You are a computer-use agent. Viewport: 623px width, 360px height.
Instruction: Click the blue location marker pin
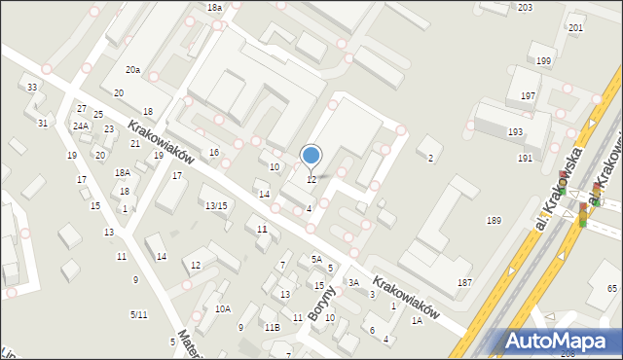pyautogui.click(x=311, y=156)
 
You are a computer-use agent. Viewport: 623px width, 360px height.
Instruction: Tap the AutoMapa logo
pyautogui.click(x=560, y=342)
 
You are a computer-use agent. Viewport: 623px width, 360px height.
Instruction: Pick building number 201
pyautogui.click(x=575, y=28)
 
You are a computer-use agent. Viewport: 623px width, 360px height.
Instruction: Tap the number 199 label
pyautogui.click(x=542, y=61)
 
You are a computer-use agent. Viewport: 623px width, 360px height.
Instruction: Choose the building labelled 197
pyautogui.click(x=528, y=96)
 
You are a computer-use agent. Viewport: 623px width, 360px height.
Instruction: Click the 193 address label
pyautogui.click(x=515, y=131)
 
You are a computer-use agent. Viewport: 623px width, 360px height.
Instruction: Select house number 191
pyautogui.click(x=525, y=158)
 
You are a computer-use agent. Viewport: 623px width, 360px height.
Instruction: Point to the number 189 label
pyautogui.click(x=494, y=222)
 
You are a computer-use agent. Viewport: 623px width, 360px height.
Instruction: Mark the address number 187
pyautogui.click(x=465, y=282)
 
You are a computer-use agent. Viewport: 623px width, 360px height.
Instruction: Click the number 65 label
pyautogui.click(x=612, y=289)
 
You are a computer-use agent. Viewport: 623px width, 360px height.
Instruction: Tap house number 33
pyautogui.click(x=32, y=88)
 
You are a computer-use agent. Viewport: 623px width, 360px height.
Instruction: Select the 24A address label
pyautogui.click(x=80, y=126)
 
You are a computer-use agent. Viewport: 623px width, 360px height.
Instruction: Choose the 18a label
pyautogui.click(x=214, y=7)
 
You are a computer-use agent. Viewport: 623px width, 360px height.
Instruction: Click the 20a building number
pyautogui.click(x=132, y=70)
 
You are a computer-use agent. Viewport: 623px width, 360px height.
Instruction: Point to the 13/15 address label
pyautogui.click(x=216, y=205)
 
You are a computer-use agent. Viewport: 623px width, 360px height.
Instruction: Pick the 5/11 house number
pyautogui.click(x=139, y=314)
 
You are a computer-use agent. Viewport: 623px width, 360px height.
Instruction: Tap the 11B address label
pyautogui.click(x=272, y=328)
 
